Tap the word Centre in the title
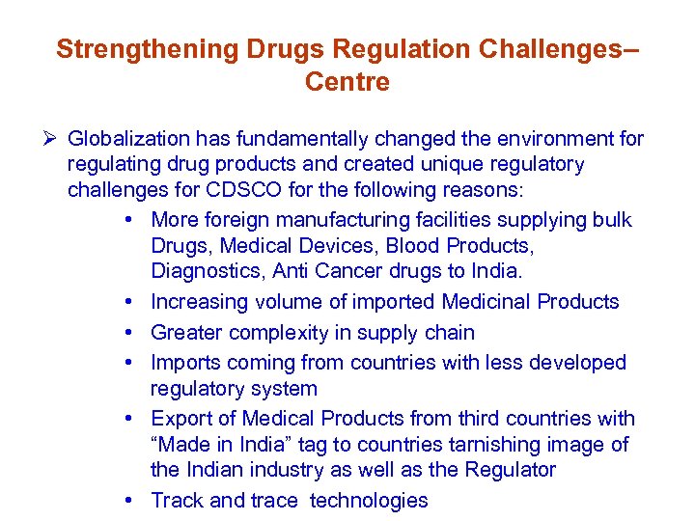tap(347, 82)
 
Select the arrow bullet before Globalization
tap(54, 139)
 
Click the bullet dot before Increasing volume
tap(129, 302)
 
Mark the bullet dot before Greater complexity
tap(129, 333)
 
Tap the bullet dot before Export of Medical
tap(129, 419)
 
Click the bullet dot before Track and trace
tap(129, 501)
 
